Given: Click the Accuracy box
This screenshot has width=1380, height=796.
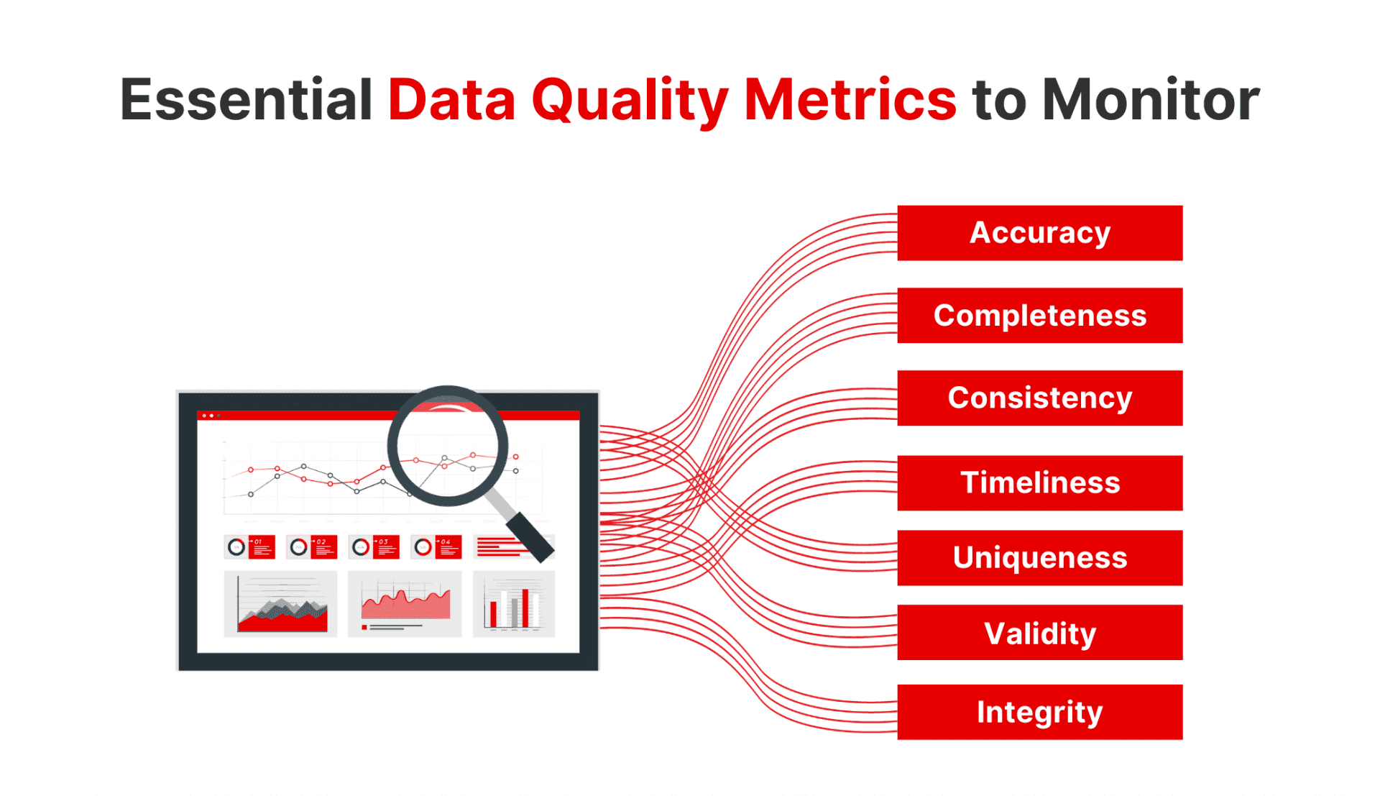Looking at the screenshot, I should coord(1039,233).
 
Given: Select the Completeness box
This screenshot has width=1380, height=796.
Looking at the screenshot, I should coord(1039,316).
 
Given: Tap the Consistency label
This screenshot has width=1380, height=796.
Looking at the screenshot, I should coord(1039,398).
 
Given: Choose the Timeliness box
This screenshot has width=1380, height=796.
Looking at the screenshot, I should coord(1039,482).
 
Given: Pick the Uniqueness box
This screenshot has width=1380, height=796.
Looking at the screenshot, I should coord(1039,558).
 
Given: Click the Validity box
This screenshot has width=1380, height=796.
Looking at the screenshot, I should coord(1039,633).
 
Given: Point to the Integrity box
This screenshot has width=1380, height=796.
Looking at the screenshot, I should coord(1039,712).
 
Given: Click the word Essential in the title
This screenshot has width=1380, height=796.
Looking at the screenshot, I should coord(246,99).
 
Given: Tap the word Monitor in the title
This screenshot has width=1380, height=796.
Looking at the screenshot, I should coord(1150,99).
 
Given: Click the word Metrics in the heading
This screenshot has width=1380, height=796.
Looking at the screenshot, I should coord(850,99).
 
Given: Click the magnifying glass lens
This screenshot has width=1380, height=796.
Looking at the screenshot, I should coord(447,446).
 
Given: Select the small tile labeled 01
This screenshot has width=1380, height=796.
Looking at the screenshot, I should coord(249,547).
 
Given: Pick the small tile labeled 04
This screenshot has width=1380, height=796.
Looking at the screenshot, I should coord(436,547).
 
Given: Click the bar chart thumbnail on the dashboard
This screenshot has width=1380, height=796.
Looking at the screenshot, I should coord(513,604).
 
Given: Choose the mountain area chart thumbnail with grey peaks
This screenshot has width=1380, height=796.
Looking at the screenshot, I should coord(280,604).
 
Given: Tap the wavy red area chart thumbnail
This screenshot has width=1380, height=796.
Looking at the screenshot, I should coord(405,604).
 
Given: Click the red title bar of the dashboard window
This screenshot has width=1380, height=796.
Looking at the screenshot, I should coord(302,416).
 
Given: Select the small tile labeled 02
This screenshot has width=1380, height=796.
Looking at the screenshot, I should coord(312,547).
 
